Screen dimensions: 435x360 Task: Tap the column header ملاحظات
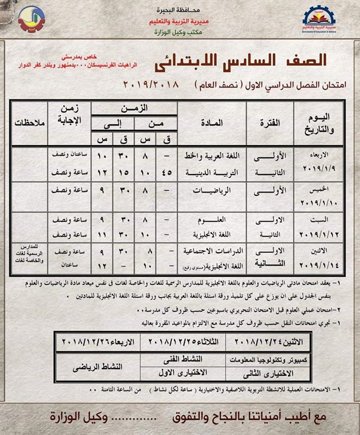pyautogui.click(x=24, y=123)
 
